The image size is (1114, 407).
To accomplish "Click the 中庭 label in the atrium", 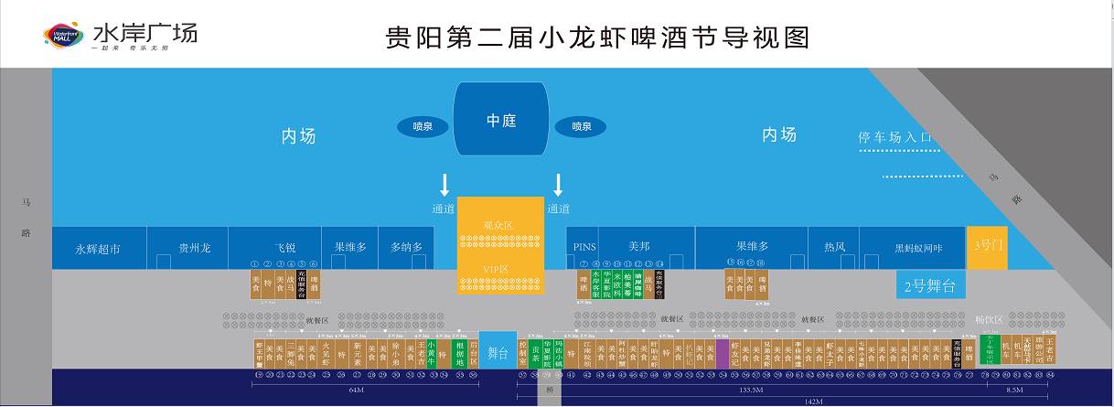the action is click(501, 121).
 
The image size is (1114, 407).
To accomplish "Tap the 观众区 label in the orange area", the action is click(498, 224).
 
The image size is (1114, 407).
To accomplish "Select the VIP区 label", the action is click(498, 269).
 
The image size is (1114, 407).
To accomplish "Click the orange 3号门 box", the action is click(989, 246).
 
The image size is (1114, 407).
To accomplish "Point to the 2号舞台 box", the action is click(929, 285).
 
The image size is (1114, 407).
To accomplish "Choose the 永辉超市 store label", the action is click(98, 248).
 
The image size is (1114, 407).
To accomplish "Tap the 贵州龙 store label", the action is click(194, 248).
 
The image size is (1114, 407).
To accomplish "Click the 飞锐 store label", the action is click(285, 248).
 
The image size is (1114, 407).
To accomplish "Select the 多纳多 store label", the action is click(406, 247).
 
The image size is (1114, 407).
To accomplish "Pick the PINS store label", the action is click(584, 247).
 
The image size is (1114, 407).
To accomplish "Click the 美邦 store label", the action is click(638, 247).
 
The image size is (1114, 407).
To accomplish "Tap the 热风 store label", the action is click(834, 247).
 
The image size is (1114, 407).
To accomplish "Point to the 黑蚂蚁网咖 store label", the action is click(918, 248).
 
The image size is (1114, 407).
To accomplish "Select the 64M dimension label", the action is click(357, 390).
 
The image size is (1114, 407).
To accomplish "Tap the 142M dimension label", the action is click(812, 402).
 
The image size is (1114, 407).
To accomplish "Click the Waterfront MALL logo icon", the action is click(64, 36).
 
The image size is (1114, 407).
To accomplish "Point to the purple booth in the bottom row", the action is click(723, 353).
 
